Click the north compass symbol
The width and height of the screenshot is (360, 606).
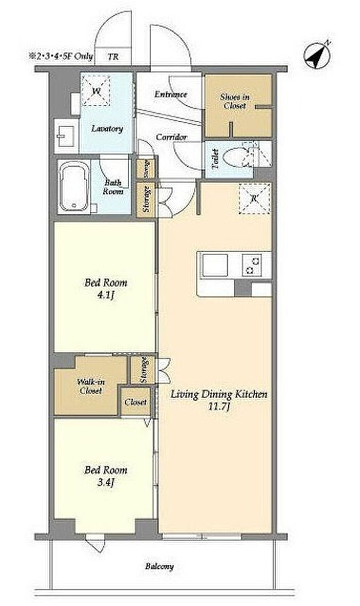[317, 55]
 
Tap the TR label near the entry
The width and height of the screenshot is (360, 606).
[113, 57]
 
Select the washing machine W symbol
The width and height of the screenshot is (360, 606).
[96, 91]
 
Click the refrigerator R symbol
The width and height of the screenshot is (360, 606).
[254, 199]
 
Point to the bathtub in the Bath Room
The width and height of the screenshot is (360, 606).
[74, 187]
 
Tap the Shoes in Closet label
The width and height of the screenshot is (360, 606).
[235, 101]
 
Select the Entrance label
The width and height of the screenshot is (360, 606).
[170, 94]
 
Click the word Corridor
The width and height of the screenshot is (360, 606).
[171, 137]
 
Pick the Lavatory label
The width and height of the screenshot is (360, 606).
[107, 128]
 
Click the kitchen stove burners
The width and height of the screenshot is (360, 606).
[251, 265]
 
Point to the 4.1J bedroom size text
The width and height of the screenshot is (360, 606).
[106, 296]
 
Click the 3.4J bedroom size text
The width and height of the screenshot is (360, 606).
[106, 483]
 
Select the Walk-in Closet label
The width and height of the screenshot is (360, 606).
[91, 386]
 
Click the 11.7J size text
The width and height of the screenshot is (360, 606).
[219, 406]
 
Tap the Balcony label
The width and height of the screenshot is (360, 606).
[159, 566]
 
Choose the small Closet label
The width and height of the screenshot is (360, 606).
[136, 402]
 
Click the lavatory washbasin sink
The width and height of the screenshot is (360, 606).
[65, 133]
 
